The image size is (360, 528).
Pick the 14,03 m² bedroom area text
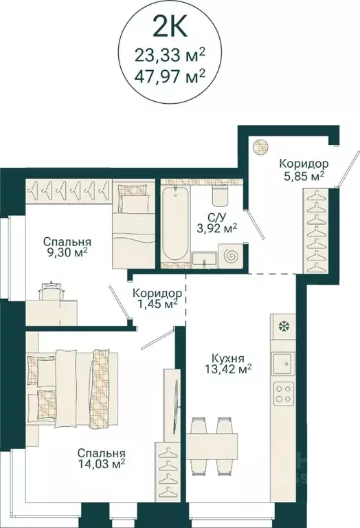point(100,465)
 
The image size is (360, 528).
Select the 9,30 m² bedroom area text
point(67,254)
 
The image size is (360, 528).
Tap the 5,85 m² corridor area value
point(302,176)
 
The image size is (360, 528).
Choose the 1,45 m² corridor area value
point(156,303)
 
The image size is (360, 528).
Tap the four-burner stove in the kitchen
point(282,393)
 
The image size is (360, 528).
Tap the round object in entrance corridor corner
point(259,145)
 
